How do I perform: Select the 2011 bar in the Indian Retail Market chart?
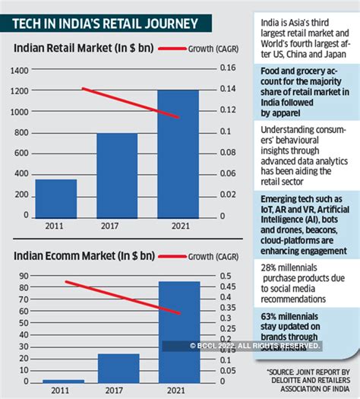click(56, 198)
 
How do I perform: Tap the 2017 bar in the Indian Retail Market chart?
click(117, 175)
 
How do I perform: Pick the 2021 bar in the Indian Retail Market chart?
click(178, 153)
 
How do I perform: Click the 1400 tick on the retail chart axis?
click(18, 70)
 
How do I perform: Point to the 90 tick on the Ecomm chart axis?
click(23, 277)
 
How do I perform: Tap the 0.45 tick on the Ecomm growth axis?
click(227, 287)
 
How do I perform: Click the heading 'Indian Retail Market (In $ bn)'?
click(79, 52)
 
